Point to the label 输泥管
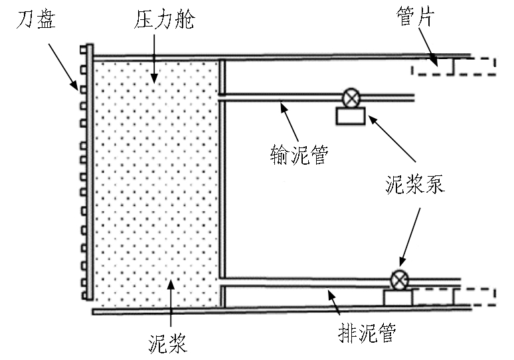pos(297,154)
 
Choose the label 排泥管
pos(361,332)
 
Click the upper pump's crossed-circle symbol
pos(350,98)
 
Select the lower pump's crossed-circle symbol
pos(398,280)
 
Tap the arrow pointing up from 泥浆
pos(171,306)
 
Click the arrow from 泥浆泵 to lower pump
pos(411,232)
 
